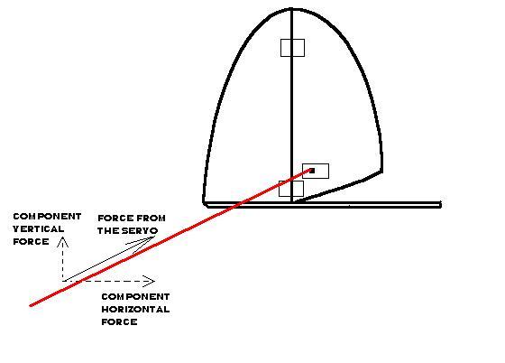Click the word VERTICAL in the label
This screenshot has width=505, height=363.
(x=38, y=228)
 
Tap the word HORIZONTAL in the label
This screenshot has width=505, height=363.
(x=135, y=309)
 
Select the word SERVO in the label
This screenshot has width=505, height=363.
(x=141, y=231)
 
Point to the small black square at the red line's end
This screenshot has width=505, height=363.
(x=312, y=171)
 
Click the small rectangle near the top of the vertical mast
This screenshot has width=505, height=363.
(x=292, y=48)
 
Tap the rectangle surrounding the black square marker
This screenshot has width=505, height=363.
(x=316, y=171)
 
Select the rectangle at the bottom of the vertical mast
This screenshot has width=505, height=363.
(x=291, y=189)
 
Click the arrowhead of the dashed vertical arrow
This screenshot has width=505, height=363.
(x=62, y=241)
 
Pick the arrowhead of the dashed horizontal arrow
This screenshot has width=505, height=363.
(x=151, y=281)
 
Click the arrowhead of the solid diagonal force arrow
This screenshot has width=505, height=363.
(x=146, y=242)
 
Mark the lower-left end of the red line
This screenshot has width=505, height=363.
(x=30, y=305)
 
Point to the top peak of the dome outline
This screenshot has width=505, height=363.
(x=291, y=9)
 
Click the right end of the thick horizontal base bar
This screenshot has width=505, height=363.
(x=441, y=204)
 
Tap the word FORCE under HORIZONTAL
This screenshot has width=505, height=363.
(x=119, y=321)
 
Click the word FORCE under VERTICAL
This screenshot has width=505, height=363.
(x=31, y=241)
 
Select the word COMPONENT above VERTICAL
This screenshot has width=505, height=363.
(x=47, y=217)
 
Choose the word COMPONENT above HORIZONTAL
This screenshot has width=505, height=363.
(x=135, y=296)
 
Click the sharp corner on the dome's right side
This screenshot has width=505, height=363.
(x=382, y=172)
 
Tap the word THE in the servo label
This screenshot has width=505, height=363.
(x=109, y=231)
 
